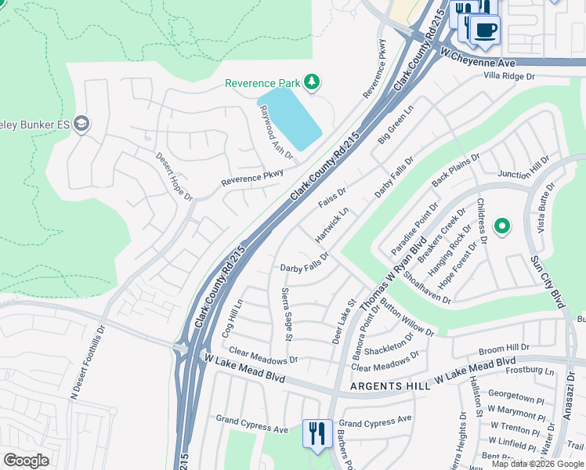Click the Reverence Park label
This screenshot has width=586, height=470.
(x=262, y=83)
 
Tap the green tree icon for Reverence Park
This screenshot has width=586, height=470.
(x=313, y=81)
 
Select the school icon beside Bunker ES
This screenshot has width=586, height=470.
(x=81, y=124)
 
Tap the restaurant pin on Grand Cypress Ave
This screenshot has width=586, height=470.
(x=316, y=432)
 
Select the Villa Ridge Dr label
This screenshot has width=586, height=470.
(x=508, y=76)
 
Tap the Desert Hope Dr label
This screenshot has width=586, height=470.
(x=172, y=176)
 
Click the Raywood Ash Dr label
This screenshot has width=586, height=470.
(x=276, y=129)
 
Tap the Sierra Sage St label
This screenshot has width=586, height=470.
(x=286, y=314)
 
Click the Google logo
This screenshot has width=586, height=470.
(x=27, y=460)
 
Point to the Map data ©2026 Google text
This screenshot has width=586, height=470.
(x=537, y=464)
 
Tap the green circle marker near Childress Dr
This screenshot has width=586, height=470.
(x=502, y=228)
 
